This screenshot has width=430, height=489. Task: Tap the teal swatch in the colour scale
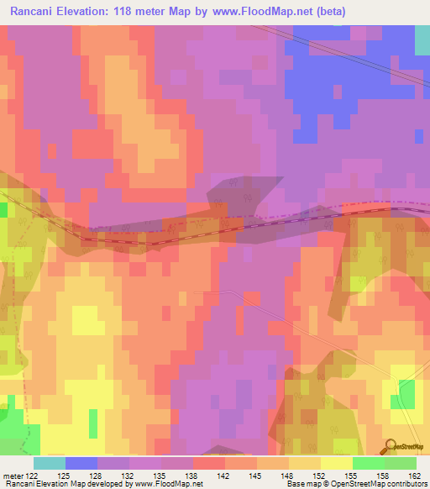[x=50, y=463]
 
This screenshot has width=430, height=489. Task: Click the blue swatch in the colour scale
[x=81, y=463]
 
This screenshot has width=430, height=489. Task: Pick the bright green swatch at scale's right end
[x=401, y=463]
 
